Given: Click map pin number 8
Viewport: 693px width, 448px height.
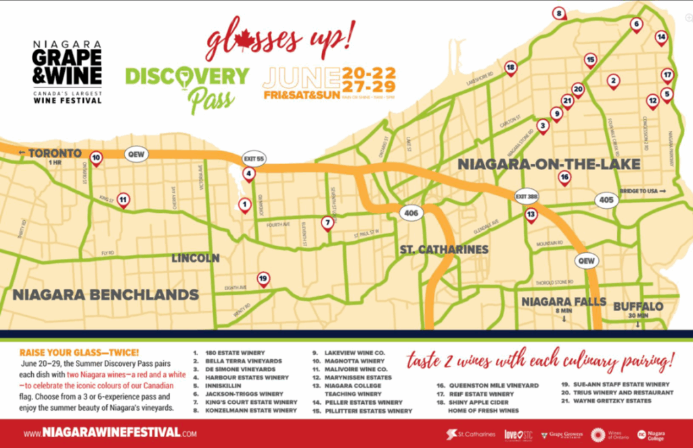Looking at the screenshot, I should pyautogui.click(x=558, y=13).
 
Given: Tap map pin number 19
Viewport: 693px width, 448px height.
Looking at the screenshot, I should pyautogui.click(x=263, y=277).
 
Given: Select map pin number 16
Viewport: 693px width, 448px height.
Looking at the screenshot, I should pyautogui.click(x=564, y=178).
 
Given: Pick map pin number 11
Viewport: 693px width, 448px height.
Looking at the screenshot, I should pyautogui.click(x=122, y=199).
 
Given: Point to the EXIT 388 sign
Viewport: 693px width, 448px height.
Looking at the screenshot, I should pyautogui.click(x=527, y=195).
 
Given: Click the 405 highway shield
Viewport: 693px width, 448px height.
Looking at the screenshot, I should pyautogui.click(x=606, y=200).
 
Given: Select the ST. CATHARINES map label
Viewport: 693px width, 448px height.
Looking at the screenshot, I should pyautogui.click(x=444, y=249).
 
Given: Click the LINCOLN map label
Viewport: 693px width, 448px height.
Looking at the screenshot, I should pyautogui.click(x=196, y=258).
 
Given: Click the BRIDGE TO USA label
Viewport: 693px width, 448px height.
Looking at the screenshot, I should pyautogui.click(x=642, y=191).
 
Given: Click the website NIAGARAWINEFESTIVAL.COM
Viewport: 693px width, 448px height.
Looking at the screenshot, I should pyautogui.click(x=110, y=432).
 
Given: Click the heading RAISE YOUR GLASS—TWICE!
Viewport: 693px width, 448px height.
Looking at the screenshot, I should pyautogui.click(x=79, y=352).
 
